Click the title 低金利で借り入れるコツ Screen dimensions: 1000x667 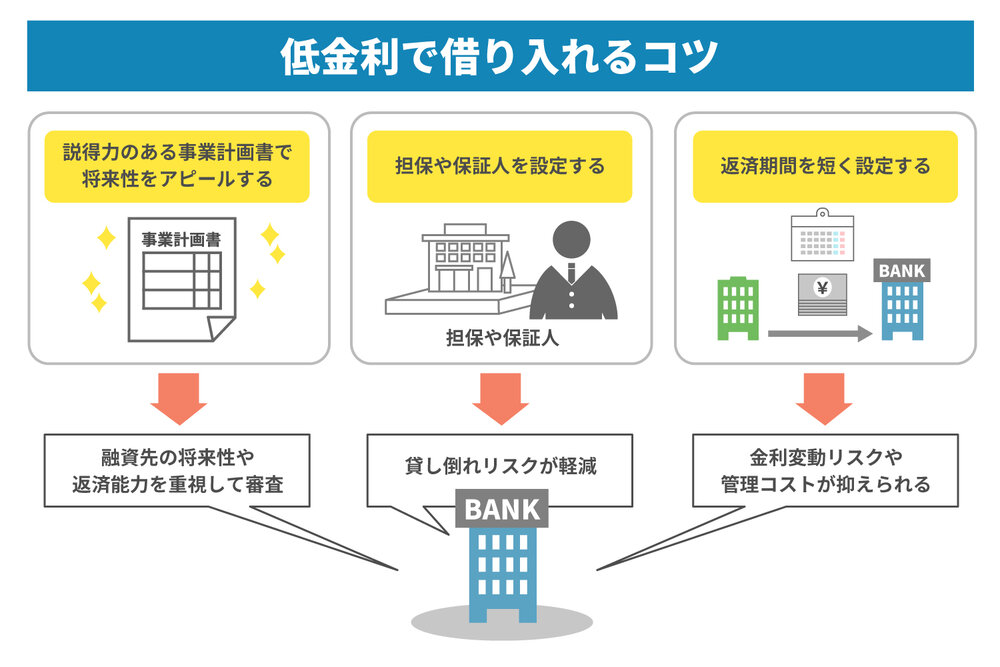(x=499, y=56)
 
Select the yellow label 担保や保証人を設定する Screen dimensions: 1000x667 (x=499, y=166)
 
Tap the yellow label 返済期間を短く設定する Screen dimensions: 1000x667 (x=825, y=166)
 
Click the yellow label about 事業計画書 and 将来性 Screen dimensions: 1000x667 (x=177, y=166)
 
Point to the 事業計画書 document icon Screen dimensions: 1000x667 (x=182, y=279)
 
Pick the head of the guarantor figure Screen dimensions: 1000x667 (x=571, y=240)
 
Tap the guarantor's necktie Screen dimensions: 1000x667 (x=571, y=273)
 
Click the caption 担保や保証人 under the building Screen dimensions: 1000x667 (x=503, y=338)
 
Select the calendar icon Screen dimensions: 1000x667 (x=822, y=235)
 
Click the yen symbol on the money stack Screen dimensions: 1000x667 (x=823, y=288)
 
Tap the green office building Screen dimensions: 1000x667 (x=738, y=309)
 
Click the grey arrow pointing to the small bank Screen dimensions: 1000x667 (x=820, y=334)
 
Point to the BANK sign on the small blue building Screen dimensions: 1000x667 (x=902, y=270)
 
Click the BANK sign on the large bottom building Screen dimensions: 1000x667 (x=502, y=509)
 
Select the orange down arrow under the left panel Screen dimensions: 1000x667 (x=179, y=399)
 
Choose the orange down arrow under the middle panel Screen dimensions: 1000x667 (x=501, y=399)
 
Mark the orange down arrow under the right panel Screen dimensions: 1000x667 (x=824, y=399)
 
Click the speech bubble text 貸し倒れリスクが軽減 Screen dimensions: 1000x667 (x=501, y=466)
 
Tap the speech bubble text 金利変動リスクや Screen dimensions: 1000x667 (x=826, y=457)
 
